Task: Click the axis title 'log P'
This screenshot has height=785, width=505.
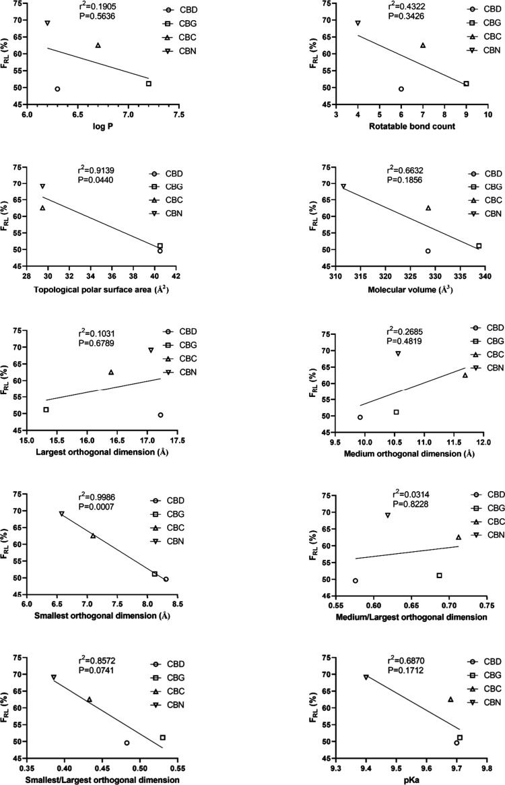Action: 102,127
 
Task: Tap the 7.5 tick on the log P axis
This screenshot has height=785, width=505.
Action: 178,115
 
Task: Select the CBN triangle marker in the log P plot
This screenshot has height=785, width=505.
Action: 48,23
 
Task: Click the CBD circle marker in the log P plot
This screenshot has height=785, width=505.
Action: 57,89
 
